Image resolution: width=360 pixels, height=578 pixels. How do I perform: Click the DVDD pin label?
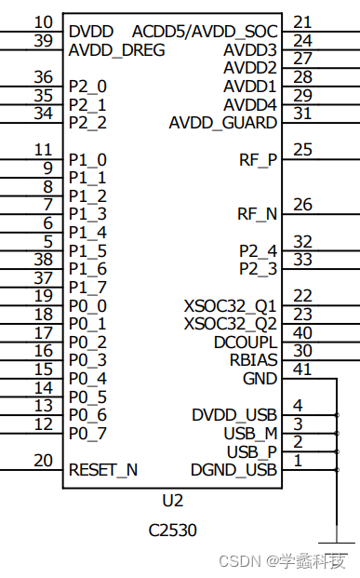pyautogui.click(x=91, y=32)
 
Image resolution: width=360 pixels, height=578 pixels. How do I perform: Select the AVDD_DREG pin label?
pyautogui.click(x=116, y=49)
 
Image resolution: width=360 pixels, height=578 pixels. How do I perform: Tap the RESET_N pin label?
pyautogui.click(x=103, y=470)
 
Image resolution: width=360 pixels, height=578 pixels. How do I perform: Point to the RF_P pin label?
pyautogui.click(x=257, y=159)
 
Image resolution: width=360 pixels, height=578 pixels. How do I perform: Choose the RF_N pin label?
pyautogui.click(x=257, y=214)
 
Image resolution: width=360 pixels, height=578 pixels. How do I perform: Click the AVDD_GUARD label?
pyautogui.click(x=222, y=123)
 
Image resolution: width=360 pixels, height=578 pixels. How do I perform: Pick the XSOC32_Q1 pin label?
pyautogui.click(x=230, y=305)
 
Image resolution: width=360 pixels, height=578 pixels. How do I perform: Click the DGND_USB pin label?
pyautogui.click(x=233, y=470)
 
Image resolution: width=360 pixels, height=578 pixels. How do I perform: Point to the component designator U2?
pyautogui.click(x=173, y=500)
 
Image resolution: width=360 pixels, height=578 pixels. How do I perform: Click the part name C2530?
pyautogui.click(x=173, y=531)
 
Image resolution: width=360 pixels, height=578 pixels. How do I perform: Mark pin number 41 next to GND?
pyautogui.click(x=302, y=369)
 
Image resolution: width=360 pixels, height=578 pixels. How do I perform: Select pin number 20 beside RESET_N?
pyautogui.click(x=43, y=460)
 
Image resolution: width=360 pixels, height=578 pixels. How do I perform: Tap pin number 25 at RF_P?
pyautogui.click(x=302, y=149)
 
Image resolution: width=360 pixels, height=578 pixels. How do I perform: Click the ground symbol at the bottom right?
pyautogui.click(x=335, y=542)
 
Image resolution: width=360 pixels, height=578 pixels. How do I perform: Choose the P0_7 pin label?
pyautogui.click(x=87, y=433)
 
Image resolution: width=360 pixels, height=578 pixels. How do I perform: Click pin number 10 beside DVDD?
pyautogui.click(x=43, y=22)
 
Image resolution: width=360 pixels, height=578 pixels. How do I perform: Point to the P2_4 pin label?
pyautogui.click(x=258, y=250)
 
